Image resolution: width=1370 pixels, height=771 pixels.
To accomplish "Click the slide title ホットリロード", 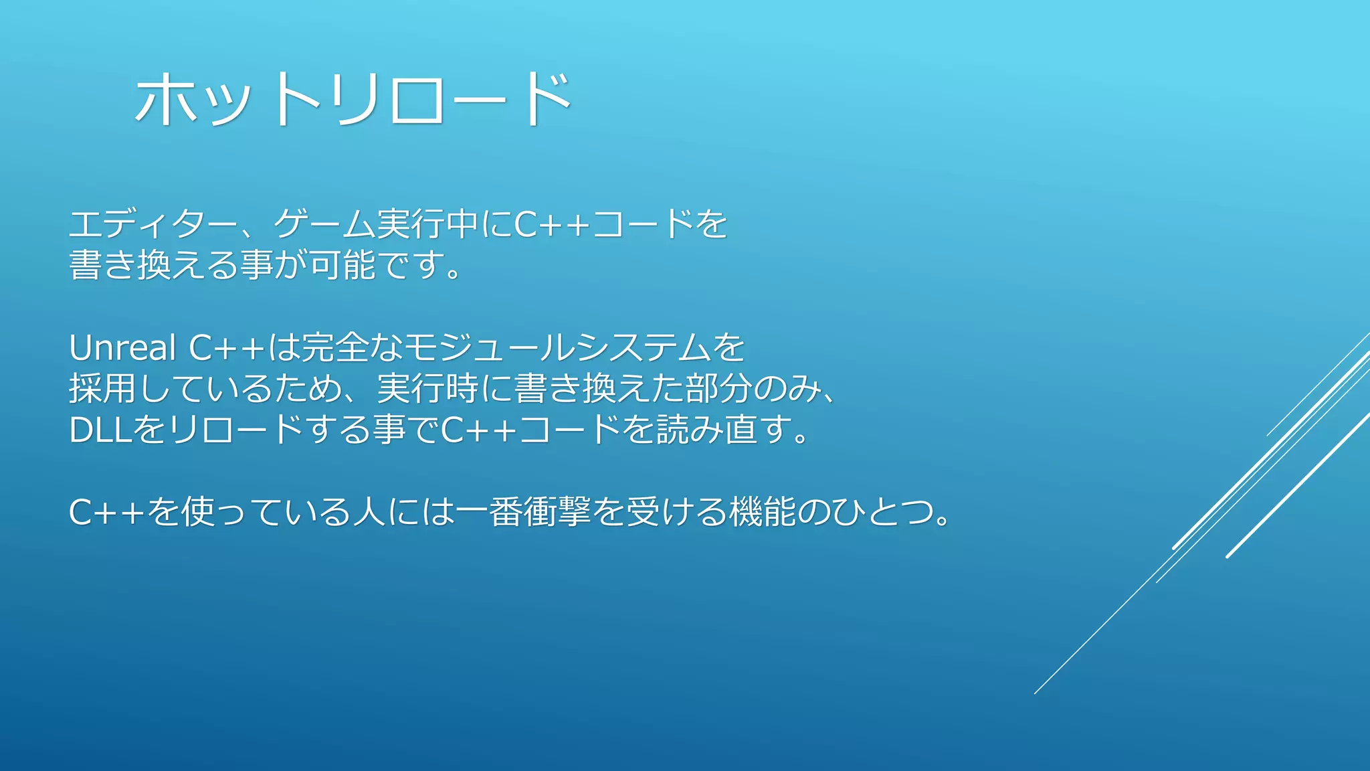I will [353, 99].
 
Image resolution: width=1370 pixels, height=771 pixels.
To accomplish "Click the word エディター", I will [153, 224].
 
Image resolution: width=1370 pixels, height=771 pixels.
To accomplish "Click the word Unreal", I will [122, 348].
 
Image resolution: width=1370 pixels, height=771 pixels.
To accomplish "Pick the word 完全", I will [335, 348].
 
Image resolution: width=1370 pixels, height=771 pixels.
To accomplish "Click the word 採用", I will [102, 389].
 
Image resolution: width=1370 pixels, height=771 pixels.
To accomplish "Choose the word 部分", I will [719, 389].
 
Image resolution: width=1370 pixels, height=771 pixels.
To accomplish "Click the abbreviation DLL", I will [100, 430].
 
